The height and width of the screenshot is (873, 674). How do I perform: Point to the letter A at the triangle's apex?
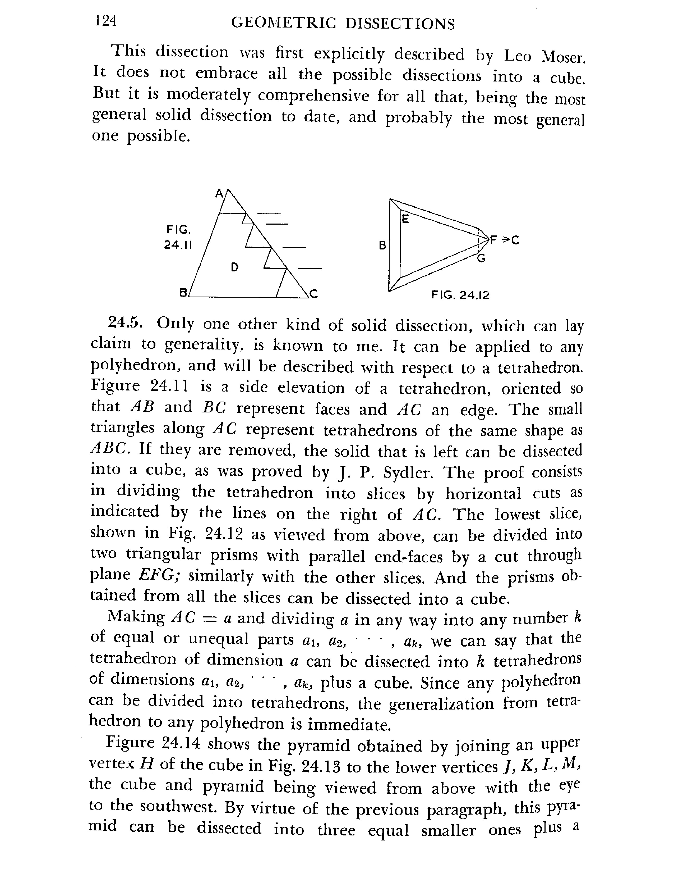[219, 193]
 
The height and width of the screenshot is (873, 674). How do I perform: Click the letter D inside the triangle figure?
[235, 267]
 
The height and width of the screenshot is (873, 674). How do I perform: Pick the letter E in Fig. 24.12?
[405, 219]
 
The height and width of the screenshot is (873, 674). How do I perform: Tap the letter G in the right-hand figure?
[481, 259]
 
